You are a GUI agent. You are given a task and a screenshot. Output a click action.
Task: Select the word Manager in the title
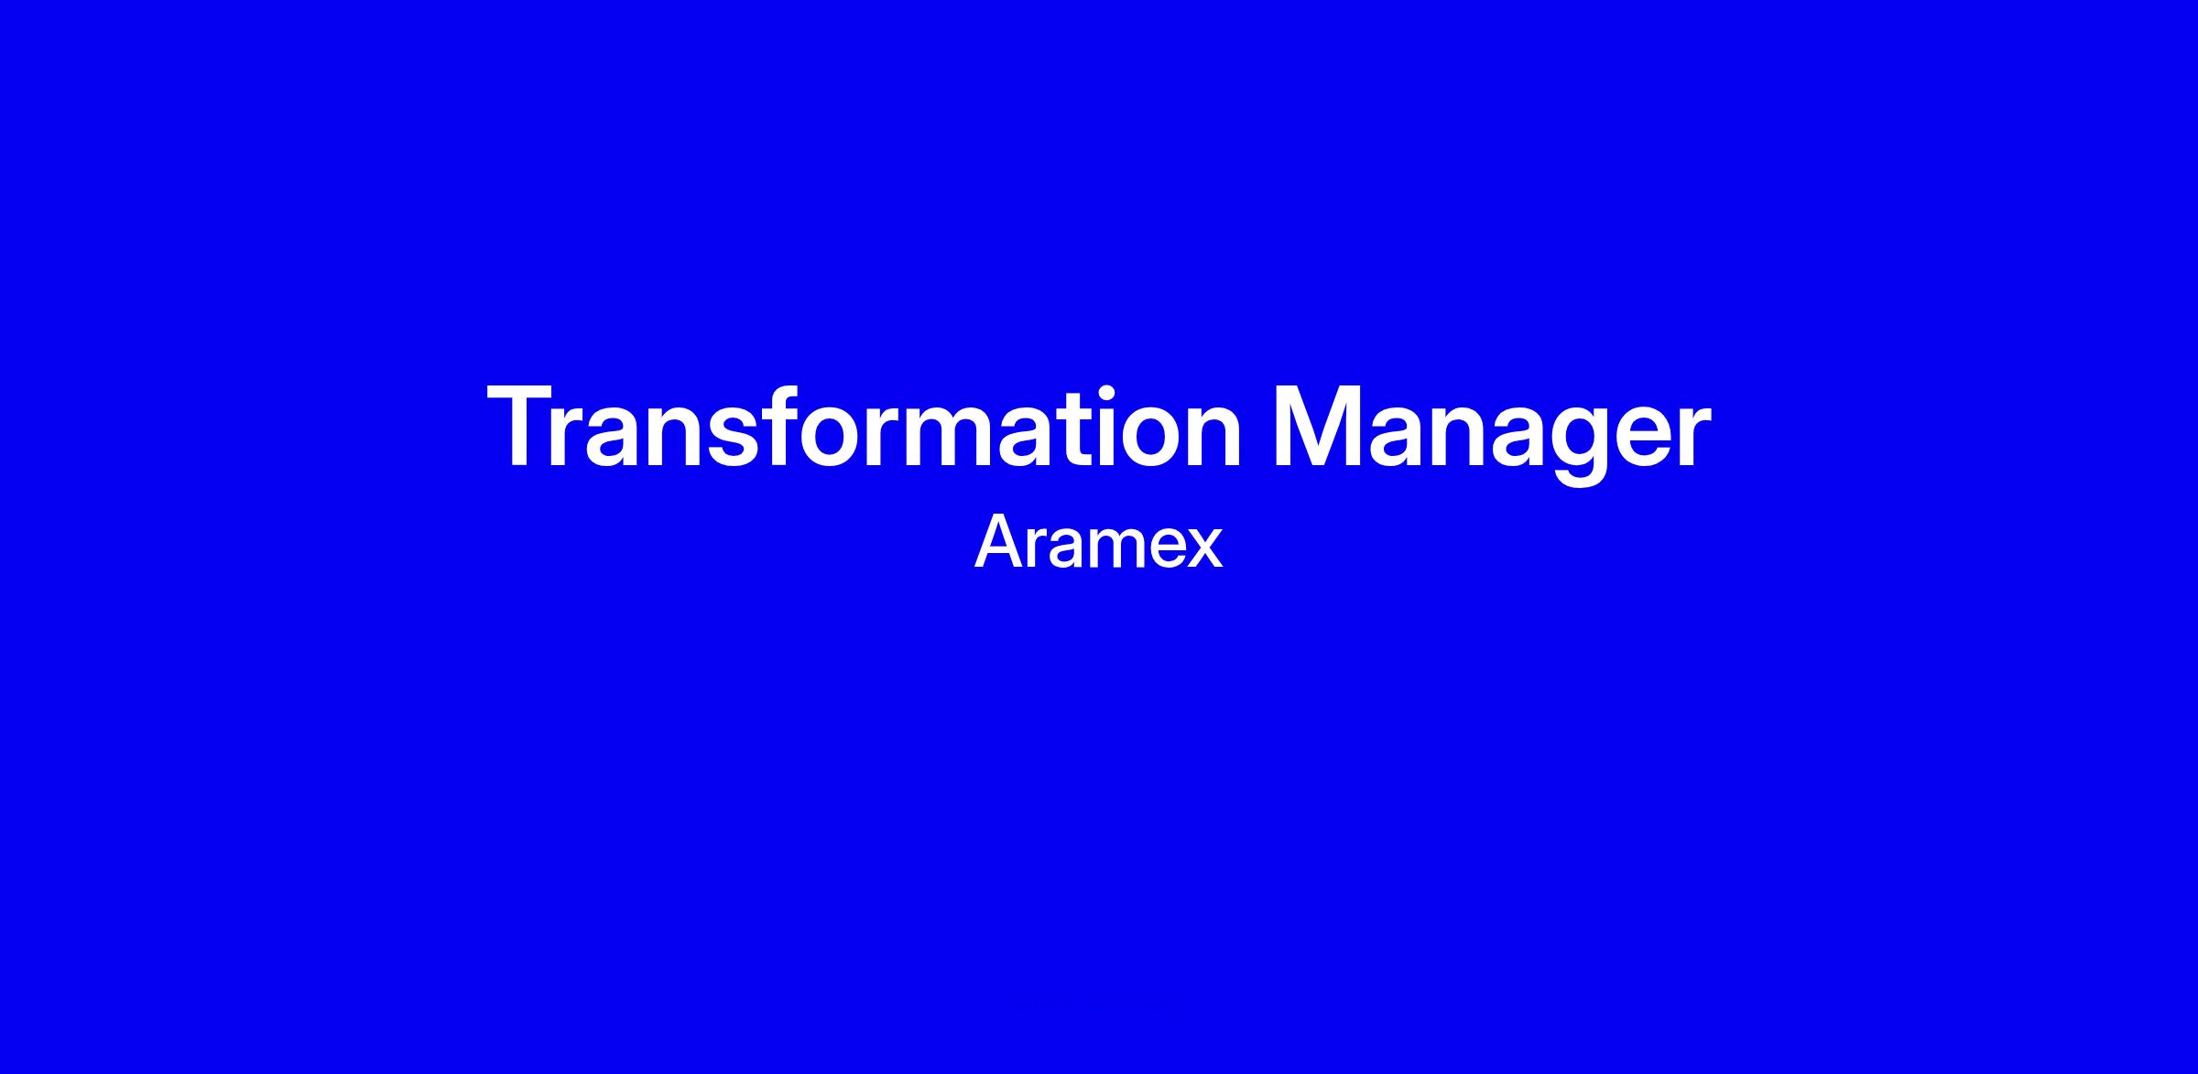coord(1492,435)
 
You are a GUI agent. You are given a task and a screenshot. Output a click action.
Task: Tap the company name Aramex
coord(1099,543)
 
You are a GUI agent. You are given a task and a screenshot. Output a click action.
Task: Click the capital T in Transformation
coord(520,428)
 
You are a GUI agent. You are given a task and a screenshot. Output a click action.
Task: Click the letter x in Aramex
coord(1204,549)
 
